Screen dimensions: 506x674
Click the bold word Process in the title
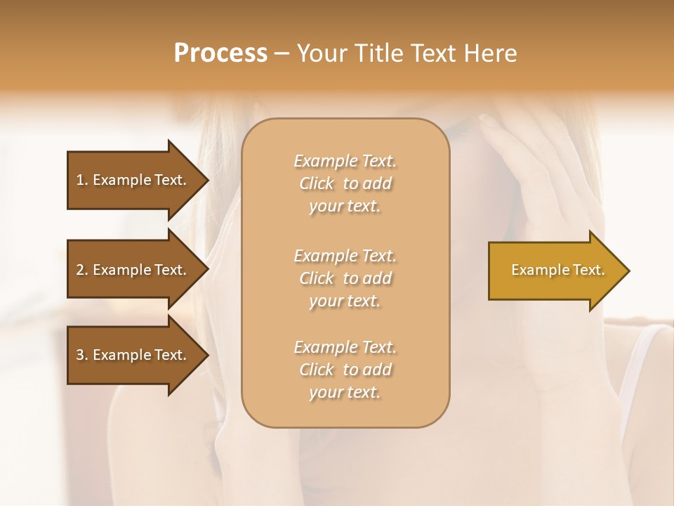tap(220, 53)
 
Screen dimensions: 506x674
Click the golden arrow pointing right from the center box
tap(555, 271)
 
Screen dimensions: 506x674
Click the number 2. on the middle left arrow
tap(82, 270)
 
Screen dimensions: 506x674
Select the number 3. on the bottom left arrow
tap(82, 355)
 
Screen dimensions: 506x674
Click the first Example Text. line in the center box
tap(345, 161)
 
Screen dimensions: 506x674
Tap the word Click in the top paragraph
tap(317, 183)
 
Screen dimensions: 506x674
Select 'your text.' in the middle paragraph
tap(345, 301)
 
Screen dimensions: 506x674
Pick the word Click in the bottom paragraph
tap(317, 370)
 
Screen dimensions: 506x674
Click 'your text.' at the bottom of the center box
tap(345, 393)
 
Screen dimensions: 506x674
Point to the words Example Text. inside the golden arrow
tap(558, 270)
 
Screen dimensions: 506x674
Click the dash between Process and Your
tap(282, 53)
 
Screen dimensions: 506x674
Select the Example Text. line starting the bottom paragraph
tap(345, 347)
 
